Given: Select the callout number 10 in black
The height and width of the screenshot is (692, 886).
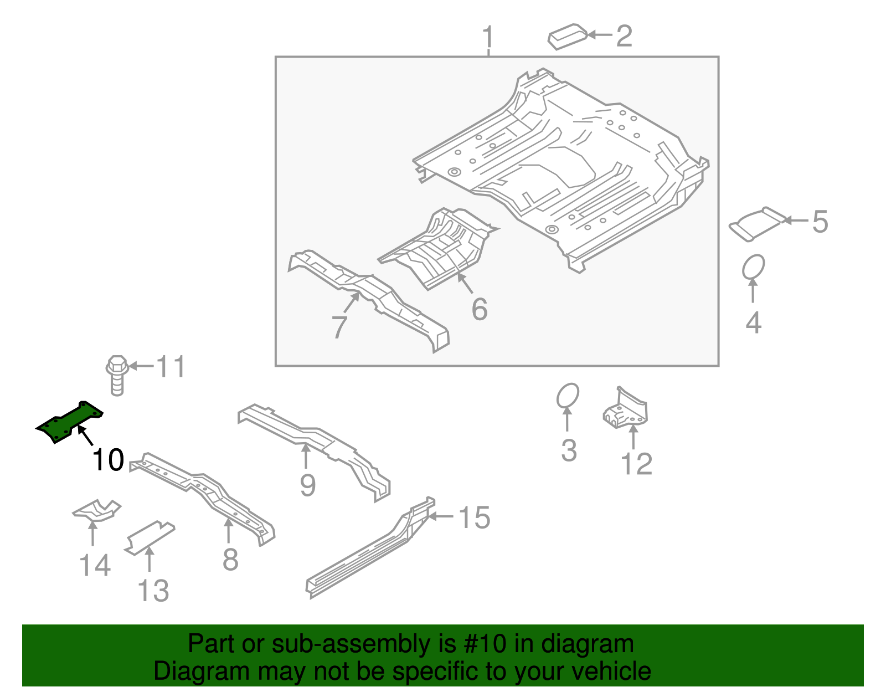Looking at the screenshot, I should pyautogui.click(x=108, y=460).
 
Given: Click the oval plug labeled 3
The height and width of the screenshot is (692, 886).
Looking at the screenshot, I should pyautogui.click(x=568, y=396).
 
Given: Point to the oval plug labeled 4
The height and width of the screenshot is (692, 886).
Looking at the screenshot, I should pyautogui.click(x=753, y=267).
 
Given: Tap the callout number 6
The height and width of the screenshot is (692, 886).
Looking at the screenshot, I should pyautogui.click(x=480, y=309).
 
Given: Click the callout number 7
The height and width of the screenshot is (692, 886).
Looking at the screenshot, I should pyautogui.click(x=339, y=327).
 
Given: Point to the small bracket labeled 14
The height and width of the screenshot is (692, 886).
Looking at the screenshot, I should pyautogui.click(x=96, y=511).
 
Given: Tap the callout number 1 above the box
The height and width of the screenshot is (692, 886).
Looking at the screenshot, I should pyautogui.click(x=488, y=38).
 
